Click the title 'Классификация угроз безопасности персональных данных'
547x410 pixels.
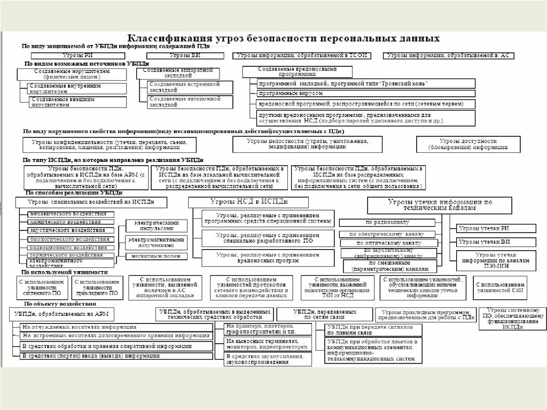point(283,38)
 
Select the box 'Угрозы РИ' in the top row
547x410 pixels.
point(80,56)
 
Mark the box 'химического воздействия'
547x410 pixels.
point(71,221)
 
